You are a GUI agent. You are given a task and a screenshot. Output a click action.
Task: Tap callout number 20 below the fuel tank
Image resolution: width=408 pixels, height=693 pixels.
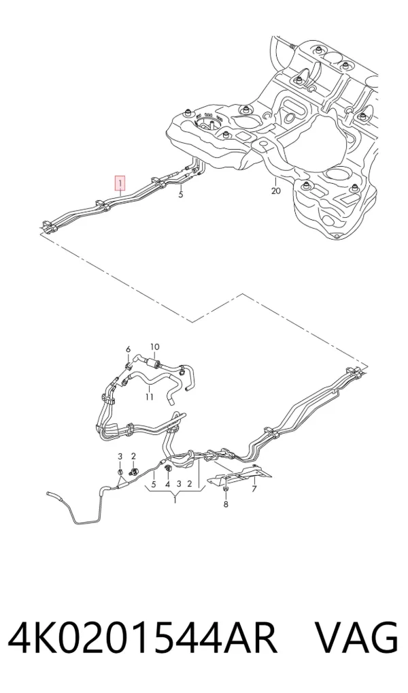point(275,191)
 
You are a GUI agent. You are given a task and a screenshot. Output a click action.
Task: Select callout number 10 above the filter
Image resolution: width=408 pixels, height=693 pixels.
point(155,347)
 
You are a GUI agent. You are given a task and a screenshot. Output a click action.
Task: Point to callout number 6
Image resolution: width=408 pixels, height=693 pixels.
point(129,350)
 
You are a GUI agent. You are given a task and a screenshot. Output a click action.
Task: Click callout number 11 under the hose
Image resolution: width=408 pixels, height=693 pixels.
point(149,397)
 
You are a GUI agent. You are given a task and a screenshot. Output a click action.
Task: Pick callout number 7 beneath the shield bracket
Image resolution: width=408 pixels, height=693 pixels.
point(254,489)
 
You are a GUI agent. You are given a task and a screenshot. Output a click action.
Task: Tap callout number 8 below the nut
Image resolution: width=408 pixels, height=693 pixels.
point(226,504)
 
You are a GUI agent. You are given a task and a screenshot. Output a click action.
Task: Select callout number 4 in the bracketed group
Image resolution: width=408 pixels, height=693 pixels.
point(167,484)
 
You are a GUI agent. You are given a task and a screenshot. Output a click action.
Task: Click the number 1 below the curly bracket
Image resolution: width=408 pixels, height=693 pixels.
point(175,500)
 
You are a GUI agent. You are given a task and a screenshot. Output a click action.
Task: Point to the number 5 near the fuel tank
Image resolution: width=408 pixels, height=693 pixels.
point(181,195)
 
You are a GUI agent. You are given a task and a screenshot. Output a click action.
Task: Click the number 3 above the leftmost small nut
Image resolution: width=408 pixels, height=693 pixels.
point(120,456)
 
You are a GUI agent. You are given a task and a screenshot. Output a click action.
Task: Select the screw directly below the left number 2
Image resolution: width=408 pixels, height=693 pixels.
point(133,472)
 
